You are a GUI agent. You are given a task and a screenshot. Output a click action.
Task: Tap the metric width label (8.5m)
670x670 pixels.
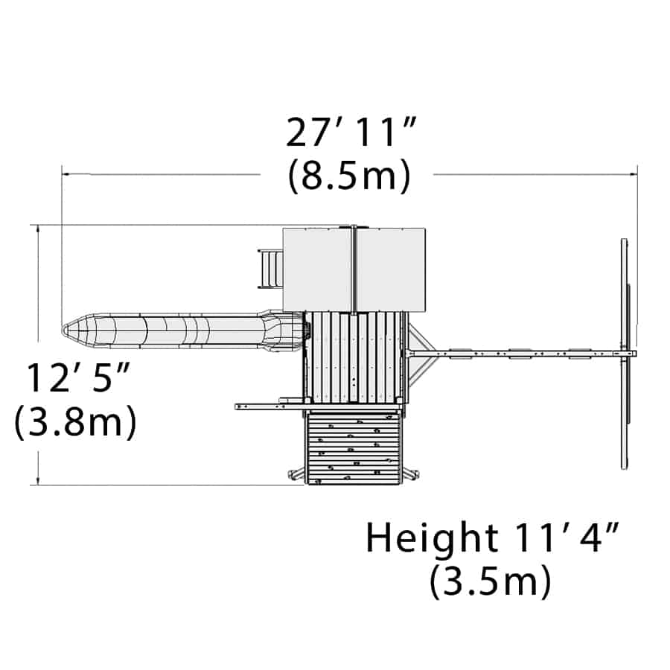click(349, 176)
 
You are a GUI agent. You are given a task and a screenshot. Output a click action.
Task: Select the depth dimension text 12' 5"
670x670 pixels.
click(77, 377)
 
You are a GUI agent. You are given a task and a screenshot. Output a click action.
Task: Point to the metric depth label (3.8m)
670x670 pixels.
click(75, 421)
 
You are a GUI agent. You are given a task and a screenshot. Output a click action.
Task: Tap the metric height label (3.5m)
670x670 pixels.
click(490, 581)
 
